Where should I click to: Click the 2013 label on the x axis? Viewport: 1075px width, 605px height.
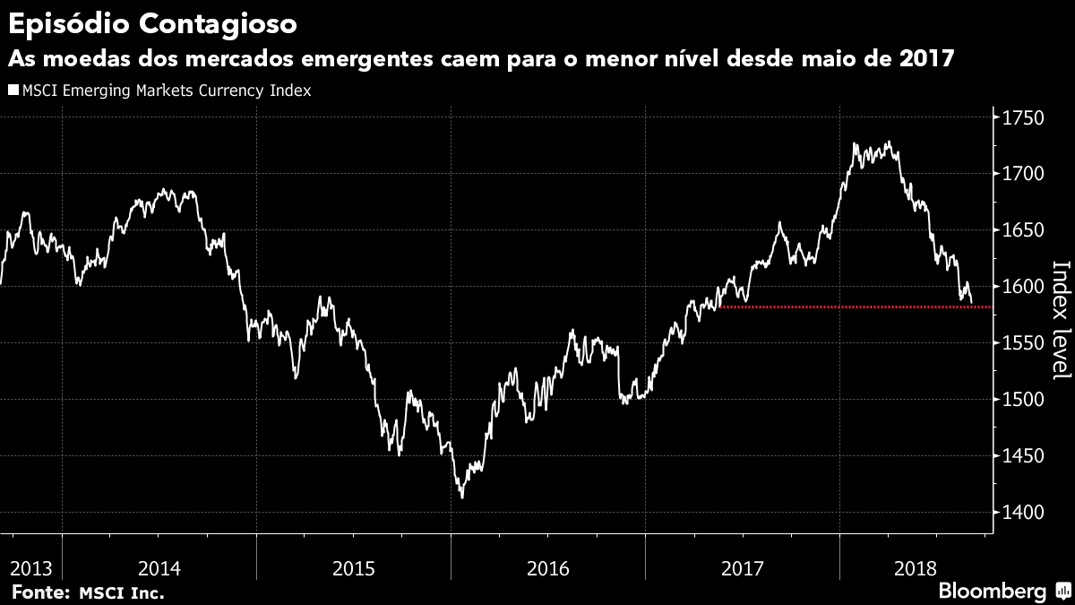(31, 568)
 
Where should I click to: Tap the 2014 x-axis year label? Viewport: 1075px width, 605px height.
(160, 568)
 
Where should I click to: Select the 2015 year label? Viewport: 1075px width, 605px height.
(354, 568)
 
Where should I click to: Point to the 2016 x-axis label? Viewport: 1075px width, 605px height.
(548, 568)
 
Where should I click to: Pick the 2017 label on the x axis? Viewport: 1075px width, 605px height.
(742, 568)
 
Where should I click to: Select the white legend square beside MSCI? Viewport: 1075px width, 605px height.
(13, 91)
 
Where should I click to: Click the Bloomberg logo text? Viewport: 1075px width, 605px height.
(992, 592)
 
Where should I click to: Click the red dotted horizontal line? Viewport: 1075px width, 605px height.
(851, 307)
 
